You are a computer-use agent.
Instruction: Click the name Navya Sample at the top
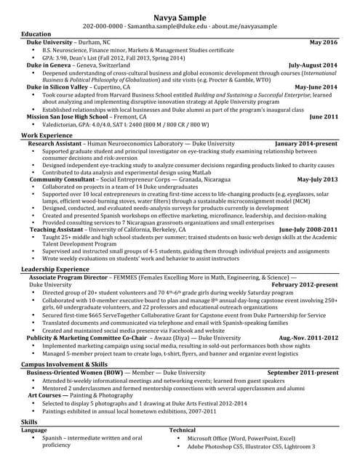click(x=180, y=17)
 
